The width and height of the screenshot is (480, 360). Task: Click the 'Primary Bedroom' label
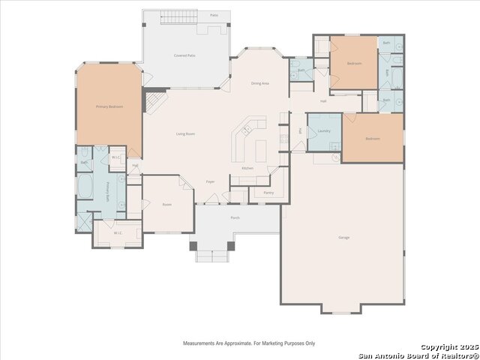coord(109,107)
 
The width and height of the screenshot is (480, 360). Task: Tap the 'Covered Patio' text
coord(184,55)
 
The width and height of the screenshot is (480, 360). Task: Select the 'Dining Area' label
coord(260,83)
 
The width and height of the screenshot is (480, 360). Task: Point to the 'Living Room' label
coord(185,133)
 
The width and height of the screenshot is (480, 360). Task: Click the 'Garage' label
coord(343,238)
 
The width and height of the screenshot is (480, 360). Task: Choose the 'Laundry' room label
coord(324,131)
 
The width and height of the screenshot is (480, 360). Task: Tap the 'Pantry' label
coord(268,193)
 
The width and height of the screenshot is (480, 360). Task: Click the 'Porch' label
coord(235,217)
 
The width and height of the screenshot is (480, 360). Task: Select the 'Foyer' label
coord(211,181)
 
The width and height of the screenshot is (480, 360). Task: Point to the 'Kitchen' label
coord(247,168)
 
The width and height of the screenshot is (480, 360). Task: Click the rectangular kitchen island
coord(260,150)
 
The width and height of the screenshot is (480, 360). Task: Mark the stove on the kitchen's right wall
coord(283,138)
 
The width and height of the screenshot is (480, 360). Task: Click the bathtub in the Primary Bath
coord(85,186)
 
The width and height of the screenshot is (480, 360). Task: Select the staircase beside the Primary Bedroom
coord(154,100)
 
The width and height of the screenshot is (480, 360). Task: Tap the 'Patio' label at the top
coord(214,15)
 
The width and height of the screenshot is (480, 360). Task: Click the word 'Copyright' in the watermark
coord(437,347)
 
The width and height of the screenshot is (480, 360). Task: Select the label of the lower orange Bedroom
coord(372,139)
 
